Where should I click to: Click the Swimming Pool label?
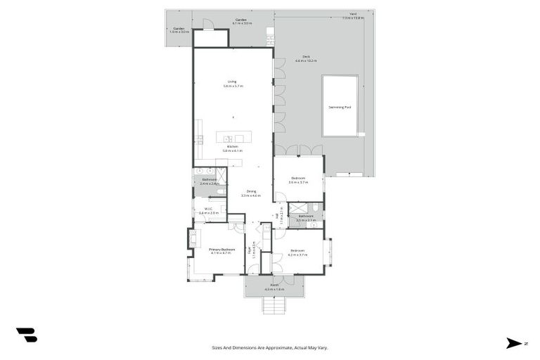[340, 107]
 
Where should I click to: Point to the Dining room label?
[251, 193]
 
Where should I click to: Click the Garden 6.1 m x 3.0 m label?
[241, 22]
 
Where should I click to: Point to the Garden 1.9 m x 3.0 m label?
[179, 30]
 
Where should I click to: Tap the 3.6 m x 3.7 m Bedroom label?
[299, 180]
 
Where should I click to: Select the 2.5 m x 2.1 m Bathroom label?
[306, 218]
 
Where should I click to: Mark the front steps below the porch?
[274, 304]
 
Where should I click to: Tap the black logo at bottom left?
[26, 335]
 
